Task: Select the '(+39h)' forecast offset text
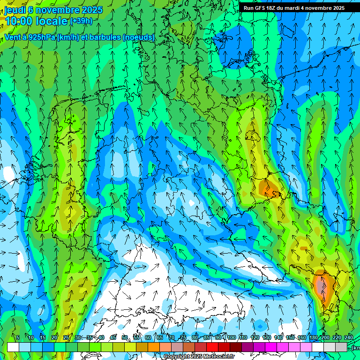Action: click(x=81, y=21)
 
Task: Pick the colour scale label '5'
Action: click(x=18, y=337)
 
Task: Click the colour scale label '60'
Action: click(x=148, y=337)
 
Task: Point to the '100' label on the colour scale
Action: click(x=231, y=337)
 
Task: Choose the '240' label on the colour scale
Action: click(x=349, y=337)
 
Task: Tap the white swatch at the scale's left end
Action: click(x=13, y=347)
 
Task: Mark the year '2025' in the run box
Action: click(x=336, y=8)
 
